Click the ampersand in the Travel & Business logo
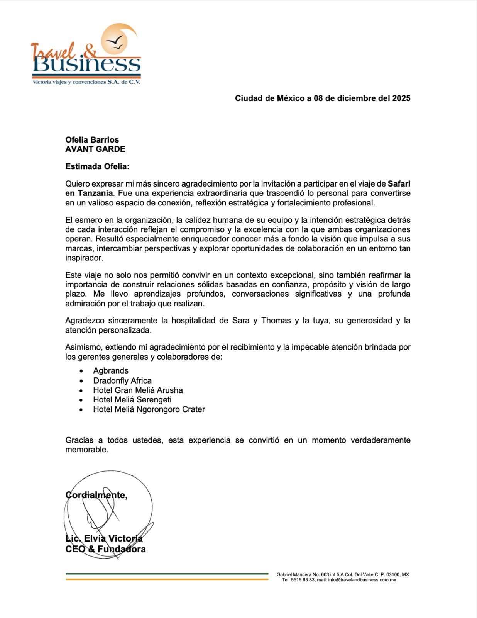(x=90, y=51)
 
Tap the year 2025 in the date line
(x=401, y=98)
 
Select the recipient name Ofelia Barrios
(x=92, y=140)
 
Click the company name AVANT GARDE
(x=95, y=149)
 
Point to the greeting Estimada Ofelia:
(x=97, y=166)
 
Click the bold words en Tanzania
(x=89, y=193)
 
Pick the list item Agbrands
(x=111, y=371)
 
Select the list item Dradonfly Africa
(x=122, y=380)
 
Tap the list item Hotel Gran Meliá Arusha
(x=138, y=390)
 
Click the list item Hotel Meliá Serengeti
(x=132, y=400)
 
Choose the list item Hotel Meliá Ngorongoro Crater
(x=149, y=409)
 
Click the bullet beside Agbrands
(x=81, y=371)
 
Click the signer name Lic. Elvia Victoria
(x=104, y=538)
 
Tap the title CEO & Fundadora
(x=105, y=549)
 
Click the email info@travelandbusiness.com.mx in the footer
(x=362, y=580)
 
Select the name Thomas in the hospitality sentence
(x=276, y=321)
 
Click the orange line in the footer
(x=167, y=579)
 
